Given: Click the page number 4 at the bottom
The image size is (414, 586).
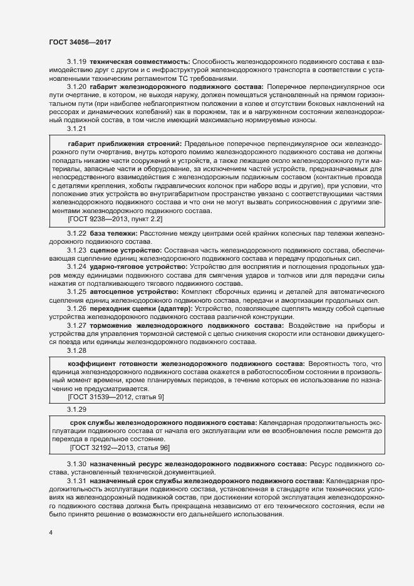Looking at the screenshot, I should tap(50, 533).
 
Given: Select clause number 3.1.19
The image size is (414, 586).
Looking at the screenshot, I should tap(76, 63).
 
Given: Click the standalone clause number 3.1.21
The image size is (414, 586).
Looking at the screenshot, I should tap(76, 129).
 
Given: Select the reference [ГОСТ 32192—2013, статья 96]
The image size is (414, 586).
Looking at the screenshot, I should tap(120, 448).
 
